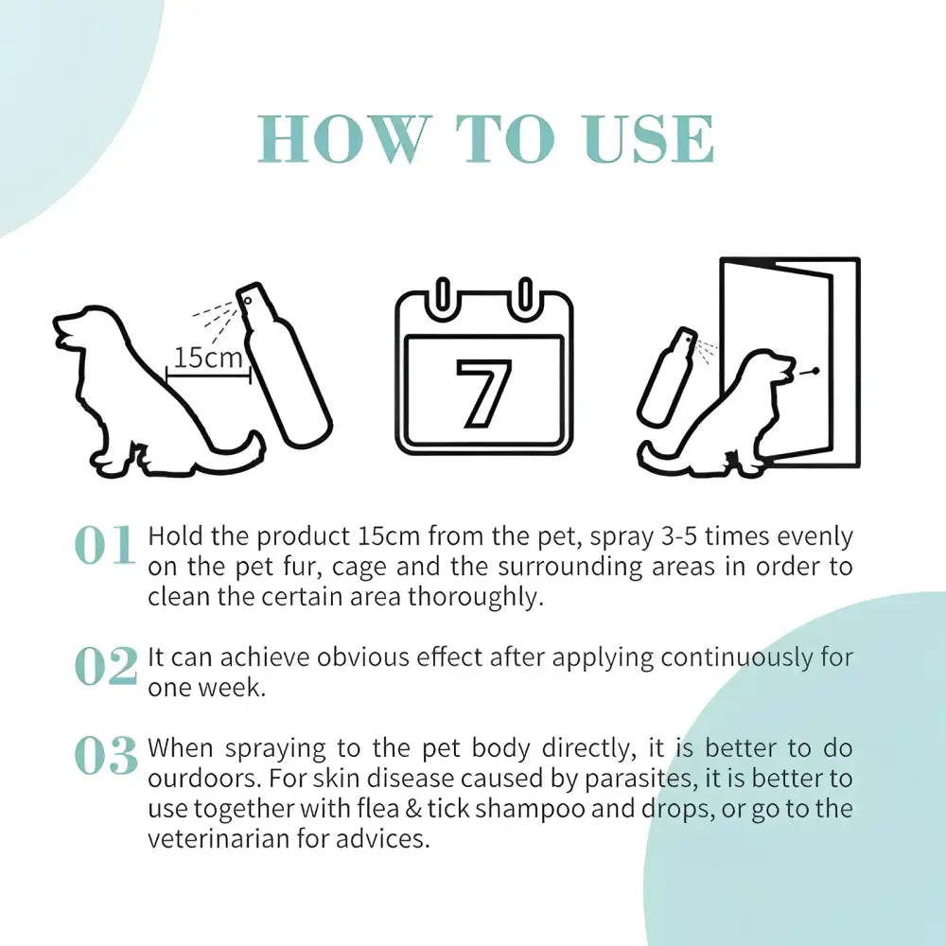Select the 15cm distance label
[x=207, y=358]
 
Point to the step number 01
[x=104, y=546]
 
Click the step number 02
[x=105, y=666]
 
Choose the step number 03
[x=105, y=756]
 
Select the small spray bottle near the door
[x=666, y=376]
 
